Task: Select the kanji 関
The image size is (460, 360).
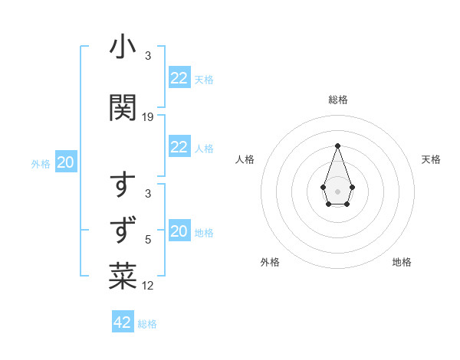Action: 123,108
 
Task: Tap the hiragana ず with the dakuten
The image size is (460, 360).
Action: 123,228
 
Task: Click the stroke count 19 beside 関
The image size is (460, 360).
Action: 148,116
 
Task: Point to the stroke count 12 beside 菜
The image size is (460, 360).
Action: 148,286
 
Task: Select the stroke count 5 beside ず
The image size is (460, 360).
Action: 148,238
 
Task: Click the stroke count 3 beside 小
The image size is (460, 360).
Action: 147,56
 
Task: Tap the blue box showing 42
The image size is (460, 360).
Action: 123,322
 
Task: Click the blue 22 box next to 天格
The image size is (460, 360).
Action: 179,78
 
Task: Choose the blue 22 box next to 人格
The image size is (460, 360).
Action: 179,148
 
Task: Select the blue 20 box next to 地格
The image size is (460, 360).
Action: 179,231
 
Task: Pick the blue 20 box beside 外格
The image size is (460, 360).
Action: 66,162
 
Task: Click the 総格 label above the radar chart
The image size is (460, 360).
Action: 337,100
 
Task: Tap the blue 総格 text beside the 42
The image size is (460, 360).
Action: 147,324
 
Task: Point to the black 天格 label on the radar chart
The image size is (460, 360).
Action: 431,159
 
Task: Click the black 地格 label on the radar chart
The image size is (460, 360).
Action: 402,262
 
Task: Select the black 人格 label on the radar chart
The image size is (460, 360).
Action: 245,159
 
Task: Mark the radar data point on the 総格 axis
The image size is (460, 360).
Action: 337,145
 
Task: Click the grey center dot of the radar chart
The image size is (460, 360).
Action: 337,190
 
